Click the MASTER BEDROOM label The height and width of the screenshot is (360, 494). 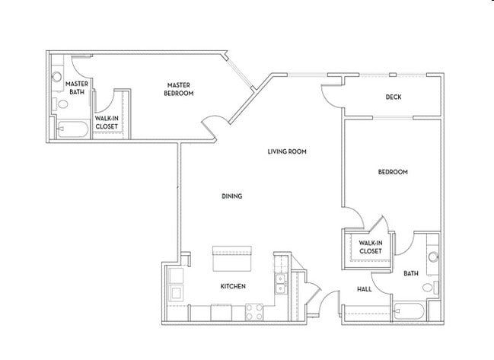coord(179,89)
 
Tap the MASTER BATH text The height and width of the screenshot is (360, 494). coord(78,88)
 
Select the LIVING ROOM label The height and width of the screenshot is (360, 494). coord(286,151)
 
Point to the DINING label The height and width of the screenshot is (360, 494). coord(231,196)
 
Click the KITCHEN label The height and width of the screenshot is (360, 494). coord(232,286)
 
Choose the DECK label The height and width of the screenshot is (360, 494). coord(393,97)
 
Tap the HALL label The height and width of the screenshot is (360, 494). coord(364,289)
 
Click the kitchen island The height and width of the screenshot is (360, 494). coord(232,260)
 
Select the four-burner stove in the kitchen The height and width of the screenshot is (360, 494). coord(254,311)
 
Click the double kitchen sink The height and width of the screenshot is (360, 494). coord(280,282)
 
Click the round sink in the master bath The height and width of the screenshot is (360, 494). coord(56,77)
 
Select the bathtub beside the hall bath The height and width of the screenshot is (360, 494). coord(410,311)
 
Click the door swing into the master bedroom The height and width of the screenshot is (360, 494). coord(212,126)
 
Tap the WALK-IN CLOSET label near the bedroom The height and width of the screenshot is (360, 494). coord(370,247)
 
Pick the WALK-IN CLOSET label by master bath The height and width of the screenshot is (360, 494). coord(106,123)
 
